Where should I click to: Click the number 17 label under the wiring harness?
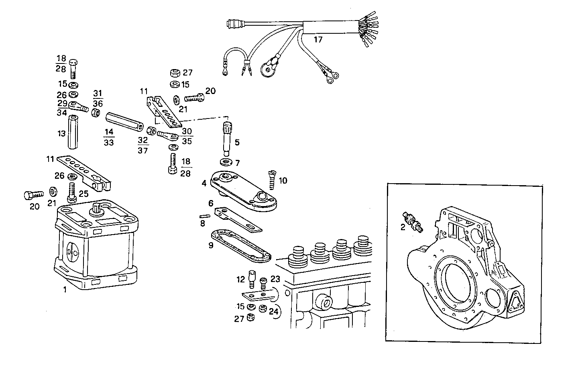[x=318, y=39]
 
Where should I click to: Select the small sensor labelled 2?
[x=412, y=221]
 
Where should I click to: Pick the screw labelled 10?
[x=272, y=180]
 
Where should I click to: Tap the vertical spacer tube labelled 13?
[x=72, y=132]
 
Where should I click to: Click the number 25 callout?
[x=83, y=194]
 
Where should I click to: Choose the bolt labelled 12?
[x=252, y=278]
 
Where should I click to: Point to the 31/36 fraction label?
[x=98, y=98]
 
